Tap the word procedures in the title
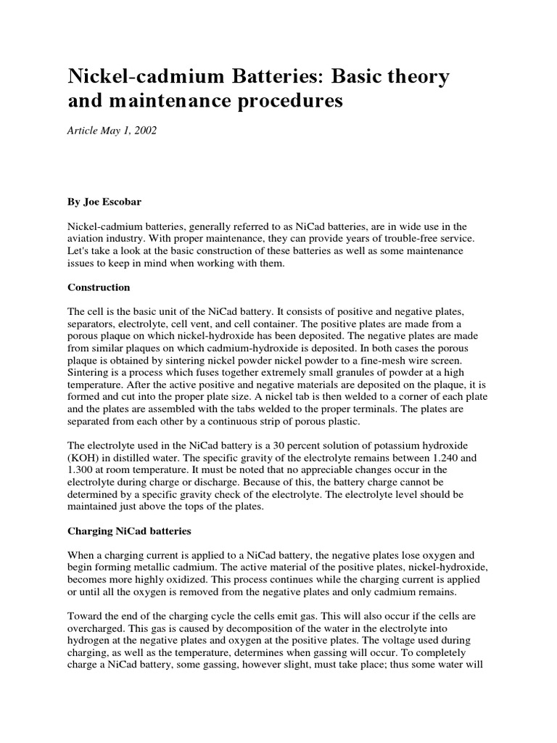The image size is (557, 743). point(283,101)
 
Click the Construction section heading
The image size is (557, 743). point(99,287)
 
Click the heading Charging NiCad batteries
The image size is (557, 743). point(129,531)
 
